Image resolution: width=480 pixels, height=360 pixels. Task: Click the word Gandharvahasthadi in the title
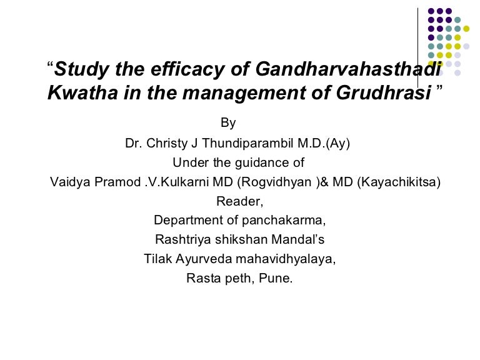[x=349, y=69]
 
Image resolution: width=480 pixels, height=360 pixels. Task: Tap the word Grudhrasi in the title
[x=384, y=92]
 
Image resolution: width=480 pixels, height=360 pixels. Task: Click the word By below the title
[x=228, y=123]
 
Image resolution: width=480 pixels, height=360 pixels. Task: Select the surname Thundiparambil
[x=247, y=143]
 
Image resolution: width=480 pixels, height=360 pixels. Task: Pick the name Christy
[x=167, y=144]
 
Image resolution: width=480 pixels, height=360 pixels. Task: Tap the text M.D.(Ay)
[x=324, y=143]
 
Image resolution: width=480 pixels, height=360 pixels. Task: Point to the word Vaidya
[x=70, y=182]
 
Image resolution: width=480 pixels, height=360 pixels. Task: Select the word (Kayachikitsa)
[x=399, y=182]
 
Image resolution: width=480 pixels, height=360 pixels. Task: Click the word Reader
[x=239, y=201]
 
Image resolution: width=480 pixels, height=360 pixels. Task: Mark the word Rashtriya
[x=183, y=239]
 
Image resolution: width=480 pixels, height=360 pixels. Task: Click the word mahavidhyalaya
[x=284, y=259]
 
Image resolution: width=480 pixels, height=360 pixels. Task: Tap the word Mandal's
[x=298, y=239]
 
